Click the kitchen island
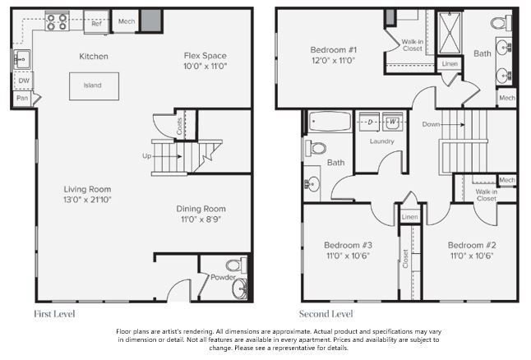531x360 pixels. click(x=94, y=85)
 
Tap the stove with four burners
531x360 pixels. click(x=57, y=22)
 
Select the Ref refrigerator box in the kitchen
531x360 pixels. click(x=96, y=24)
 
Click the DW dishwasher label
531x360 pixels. click(x=24, y=81)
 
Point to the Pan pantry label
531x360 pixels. click(x=23, y=99)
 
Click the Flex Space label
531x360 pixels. click(x=203, y=56)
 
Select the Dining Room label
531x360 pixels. click(x=202, y=209)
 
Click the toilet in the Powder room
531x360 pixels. click(x=233, y=265)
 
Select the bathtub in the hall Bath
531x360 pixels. click(x=329, y=123)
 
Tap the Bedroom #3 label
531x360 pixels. click(x=348, y=245)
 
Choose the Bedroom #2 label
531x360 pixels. click(x=472, y=245)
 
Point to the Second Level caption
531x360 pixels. click(x=327, y=314)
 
